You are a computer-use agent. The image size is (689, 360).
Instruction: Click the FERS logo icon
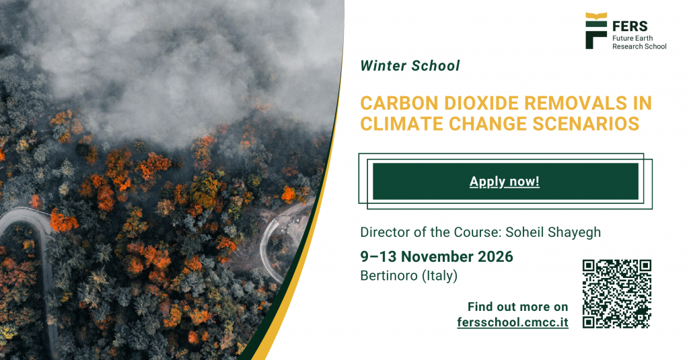pyautogui.click(x=596, y=30)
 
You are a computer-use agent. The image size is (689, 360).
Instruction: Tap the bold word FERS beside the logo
pyautogui.click(x=630, y=26)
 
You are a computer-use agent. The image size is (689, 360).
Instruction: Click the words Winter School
pyautogui.click(x=410, y=66)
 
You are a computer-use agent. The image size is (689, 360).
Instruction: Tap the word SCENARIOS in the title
pyautogui.click(x=586, y=124)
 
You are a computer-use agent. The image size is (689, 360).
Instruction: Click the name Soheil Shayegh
pyautogui.click(x=553, y=232)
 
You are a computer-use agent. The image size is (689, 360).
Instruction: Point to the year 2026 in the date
pyautogui.click(x=495, y=256)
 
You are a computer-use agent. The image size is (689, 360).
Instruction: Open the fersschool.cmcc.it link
pyautogui.click(x=512, y=322)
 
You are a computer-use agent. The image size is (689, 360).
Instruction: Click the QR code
pyautogui.click(x=617, y=293)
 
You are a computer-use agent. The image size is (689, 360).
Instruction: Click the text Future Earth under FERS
pyautogui.click(x=632, y=38)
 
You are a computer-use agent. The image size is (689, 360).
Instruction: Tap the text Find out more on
pyautogui.click(x=517, y=306)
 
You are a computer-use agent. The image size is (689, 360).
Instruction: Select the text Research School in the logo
pyautogui.click(x=639, y=46)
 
